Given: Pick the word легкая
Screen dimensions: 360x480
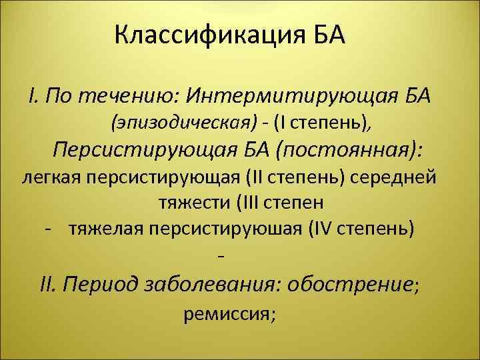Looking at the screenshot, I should [50, 178].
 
